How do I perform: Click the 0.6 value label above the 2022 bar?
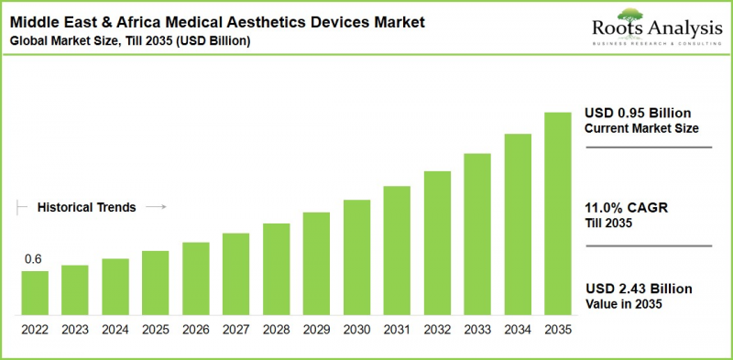[33, 259]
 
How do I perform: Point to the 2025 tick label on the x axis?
[156, 328]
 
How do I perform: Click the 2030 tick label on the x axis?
[356, 328]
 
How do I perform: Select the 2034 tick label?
[518, 328]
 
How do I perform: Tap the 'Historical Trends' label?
[86, 208]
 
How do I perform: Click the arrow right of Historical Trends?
[156, 208]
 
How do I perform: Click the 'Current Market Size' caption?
[641, 129]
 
